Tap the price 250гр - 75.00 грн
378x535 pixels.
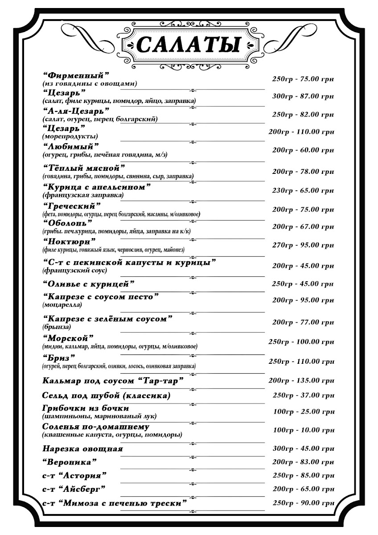[303, 79]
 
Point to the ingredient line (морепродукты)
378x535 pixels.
[70, 136]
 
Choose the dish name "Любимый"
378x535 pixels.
[71, 147]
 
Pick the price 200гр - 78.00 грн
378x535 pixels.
[303, 172]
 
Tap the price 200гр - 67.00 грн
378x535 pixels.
[303, 226]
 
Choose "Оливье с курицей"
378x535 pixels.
[89, 284]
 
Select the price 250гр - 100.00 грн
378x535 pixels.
[301, 342]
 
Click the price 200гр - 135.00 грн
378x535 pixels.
[301, 381]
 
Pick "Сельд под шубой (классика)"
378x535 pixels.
[107, 395]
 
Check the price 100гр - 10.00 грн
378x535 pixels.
[303, 430]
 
